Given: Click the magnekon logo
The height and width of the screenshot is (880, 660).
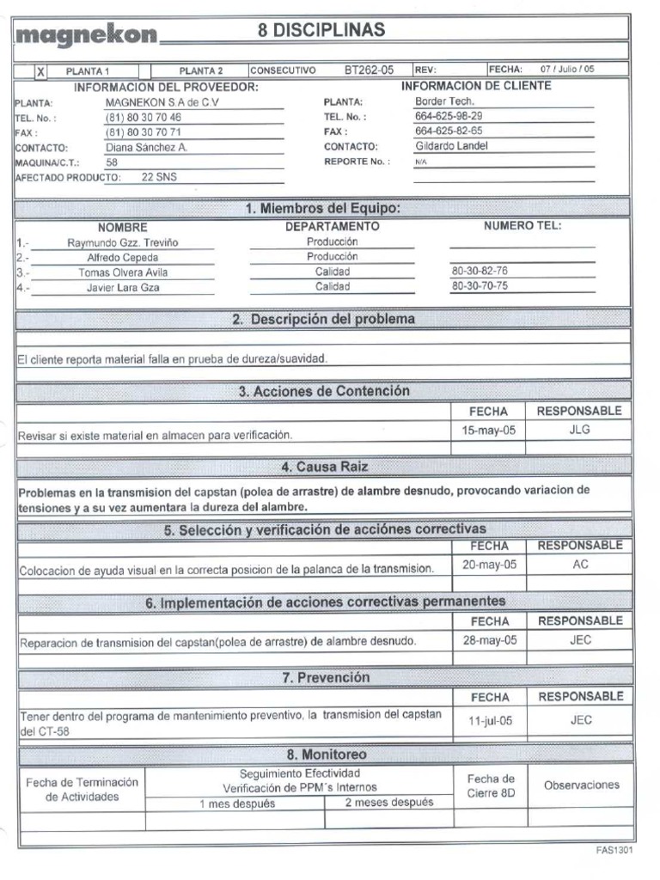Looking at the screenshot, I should (x=87, y=35).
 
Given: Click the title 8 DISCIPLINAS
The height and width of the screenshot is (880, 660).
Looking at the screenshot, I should (x=321, y=31).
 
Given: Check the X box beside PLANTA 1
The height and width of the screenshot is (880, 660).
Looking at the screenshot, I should (x=40, y=72).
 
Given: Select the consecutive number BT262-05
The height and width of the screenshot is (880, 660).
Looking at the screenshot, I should (x=369, y=70).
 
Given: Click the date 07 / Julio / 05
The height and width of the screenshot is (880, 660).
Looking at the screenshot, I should (x=567, y=70).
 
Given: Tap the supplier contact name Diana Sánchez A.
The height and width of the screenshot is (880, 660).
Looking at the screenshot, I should (x=146, y=147).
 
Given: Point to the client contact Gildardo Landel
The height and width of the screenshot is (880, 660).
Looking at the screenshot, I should (x=451, y=146).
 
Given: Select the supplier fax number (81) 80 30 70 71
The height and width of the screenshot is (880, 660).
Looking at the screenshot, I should (x=144, y=132).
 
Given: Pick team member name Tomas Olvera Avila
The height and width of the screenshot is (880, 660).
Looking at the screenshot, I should (x=119, y=272).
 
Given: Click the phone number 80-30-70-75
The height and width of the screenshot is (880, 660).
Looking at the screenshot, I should (x=480, y=286).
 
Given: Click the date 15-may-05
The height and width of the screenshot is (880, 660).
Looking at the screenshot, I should (x=488, y=431).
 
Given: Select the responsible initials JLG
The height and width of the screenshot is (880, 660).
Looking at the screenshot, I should (x=580, y=431).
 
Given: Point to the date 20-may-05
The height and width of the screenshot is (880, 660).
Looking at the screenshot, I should (x=489, y=565).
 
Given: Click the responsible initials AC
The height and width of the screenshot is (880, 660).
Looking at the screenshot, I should (x=580, y=565).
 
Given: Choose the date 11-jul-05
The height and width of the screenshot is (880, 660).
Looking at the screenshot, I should (x=490, y=721).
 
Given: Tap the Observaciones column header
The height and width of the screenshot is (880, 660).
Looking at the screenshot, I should (x=581, y=785).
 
